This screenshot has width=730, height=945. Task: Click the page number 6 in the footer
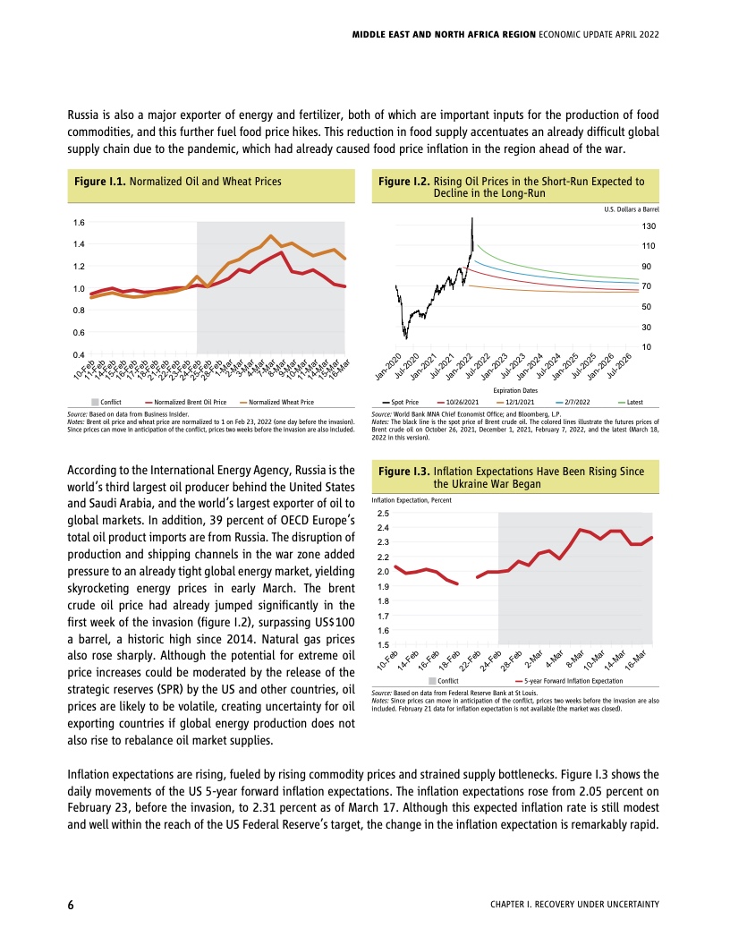point(71,905)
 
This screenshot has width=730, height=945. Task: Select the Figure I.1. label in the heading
point(101,181)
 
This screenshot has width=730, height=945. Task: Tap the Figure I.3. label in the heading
point(403,471)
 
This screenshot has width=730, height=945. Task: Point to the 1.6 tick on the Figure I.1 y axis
point(79,222)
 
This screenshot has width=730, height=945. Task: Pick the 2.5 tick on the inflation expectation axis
point(384,514)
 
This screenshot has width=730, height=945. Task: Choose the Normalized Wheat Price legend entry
point(280,403)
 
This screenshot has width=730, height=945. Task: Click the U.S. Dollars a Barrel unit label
point(632,209)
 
